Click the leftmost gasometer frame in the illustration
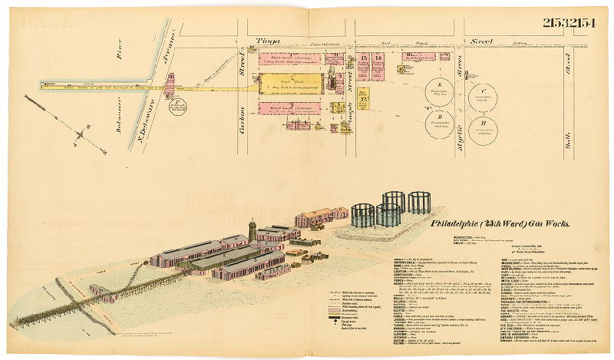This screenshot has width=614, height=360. [x=362, y=214]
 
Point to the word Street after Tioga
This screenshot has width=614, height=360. [x=484, y=43]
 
